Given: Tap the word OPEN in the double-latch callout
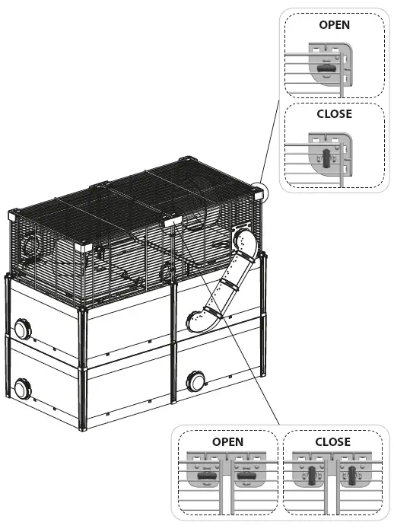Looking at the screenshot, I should click(227, 441).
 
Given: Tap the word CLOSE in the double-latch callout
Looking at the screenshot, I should click(332, 441).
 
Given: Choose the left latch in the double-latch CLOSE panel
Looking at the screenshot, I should click(313, 477).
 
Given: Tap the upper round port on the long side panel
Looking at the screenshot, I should click(21, 330).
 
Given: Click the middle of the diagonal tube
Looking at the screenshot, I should click(224, 286).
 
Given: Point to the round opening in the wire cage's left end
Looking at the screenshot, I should click(30, 246).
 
